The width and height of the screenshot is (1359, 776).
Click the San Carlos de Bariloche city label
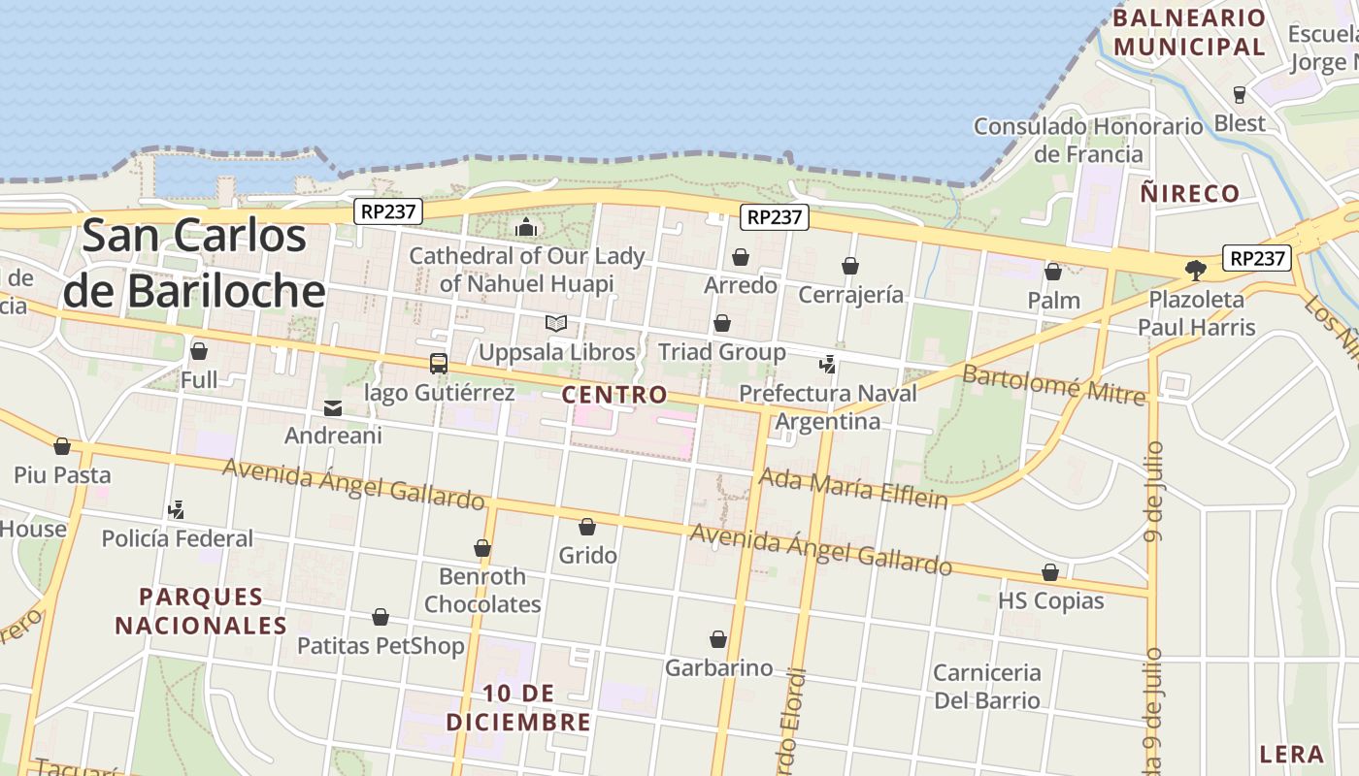click(x=194, y=264)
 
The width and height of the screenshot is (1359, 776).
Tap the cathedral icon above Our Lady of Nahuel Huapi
click(x=526, y=228)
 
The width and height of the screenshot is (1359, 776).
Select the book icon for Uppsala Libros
click(x=556, y=324)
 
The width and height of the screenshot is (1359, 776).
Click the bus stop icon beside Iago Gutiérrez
click(x=439, y=364)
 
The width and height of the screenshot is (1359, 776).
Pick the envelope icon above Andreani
click(x=333, y=408)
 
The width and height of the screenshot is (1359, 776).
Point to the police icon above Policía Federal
click(x=177, y=509)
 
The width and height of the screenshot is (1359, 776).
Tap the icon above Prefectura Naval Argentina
click(x=827, y=365)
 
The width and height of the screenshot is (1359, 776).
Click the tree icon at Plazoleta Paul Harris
click(x=1196, y=271)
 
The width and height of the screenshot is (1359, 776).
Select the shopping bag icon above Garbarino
click(x=718, y=639)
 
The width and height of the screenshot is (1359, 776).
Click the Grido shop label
click(x=587, y=556)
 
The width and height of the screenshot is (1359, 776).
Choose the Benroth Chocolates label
click(x=482, y=590)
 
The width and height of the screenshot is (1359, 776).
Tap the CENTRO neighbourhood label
click(x=614, y=395)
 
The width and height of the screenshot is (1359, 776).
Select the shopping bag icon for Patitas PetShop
click(x=381, y=617)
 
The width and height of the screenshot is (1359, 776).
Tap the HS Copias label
click(x=1050, y=600)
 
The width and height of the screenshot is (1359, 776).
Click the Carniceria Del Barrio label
click(x=986, y=686)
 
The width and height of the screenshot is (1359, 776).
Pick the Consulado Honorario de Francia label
click(x=1088, y=140)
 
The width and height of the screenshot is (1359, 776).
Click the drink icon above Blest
click(x=1239, y=94)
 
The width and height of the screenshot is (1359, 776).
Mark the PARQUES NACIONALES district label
click(x=201, y=611)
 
